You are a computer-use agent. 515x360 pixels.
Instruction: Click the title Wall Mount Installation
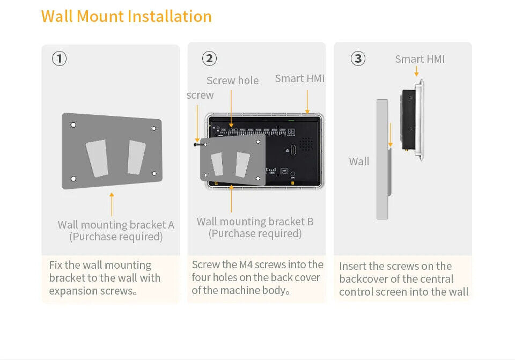[126, 16]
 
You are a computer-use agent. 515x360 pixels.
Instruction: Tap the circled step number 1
[59, 58]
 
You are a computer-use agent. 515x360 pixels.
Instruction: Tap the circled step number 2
[209, 58]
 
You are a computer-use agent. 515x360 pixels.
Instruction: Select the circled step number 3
[358, 58]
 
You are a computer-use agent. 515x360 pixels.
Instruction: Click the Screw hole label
[232, 80]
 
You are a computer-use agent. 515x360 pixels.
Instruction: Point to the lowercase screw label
[200, 95]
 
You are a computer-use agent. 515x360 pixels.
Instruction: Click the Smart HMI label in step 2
[299, 78]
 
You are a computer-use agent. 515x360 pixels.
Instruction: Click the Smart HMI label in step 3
[420, 59]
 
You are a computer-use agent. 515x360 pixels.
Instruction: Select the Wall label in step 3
[359, 161]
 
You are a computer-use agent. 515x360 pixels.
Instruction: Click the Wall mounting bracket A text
[116, 225]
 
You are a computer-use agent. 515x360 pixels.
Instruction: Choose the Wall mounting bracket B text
[255, 222]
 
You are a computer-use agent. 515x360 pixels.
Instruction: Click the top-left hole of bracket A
[73, 125]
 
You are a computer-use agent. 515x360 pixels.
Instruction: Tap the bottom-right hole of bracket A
[154, 173]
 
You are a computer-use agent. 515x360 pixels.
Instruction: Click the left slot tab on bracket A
[97, 158]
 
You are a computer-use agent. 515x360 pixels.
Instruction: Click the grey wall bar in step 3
[382, 159]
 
